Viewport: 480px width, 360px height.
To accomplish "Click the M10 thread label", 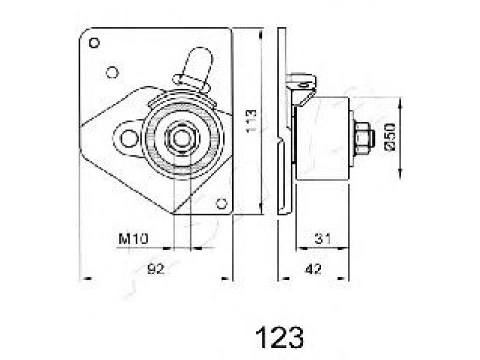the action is [133, 239].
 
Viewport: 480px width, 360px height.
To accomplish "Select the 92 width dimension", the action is [156, 269].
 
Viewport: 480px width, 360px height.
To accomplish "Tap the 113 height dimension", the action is [251, 121].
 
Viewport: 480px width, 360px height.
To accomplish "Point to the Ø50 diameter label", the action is [390, 137].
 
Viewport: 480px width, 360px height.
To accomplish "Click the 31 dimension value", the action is [323, 239].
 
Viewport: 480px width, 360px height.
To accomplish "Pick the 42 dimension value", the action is [313, 269].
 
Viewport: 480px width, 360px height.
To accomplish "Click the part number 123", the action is [280, 337].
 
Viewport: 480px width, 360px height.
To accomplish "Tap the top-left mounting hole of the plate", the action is [94, 43].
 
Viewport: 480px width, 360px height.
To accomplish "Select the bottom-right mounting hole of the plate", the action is [221, 203].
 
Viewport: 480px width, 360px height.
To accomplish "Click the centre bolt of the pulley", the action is [182, 138].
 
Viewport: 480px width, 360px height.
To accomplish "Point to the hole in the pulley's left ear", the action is [128, 139].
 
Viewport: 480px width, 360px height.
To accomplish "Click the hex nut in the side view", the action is [364, 138].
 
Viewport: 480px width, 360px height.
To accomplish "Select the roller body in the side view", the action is [322, 139].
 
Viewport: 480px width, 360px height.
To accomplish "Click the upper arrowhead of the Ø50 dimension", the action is [400, 103].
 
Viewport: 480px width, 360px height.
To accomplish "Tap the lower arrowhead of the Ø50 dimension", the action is [400, 173].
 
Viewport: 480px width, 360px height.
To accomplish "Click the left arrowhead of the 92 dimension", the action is [87, 278].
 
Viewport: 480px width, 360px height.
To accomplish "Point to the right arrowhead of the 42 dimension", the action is [342, 278].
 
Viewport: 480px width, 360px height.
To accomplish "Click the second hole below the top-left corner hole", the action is [112, 73].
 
